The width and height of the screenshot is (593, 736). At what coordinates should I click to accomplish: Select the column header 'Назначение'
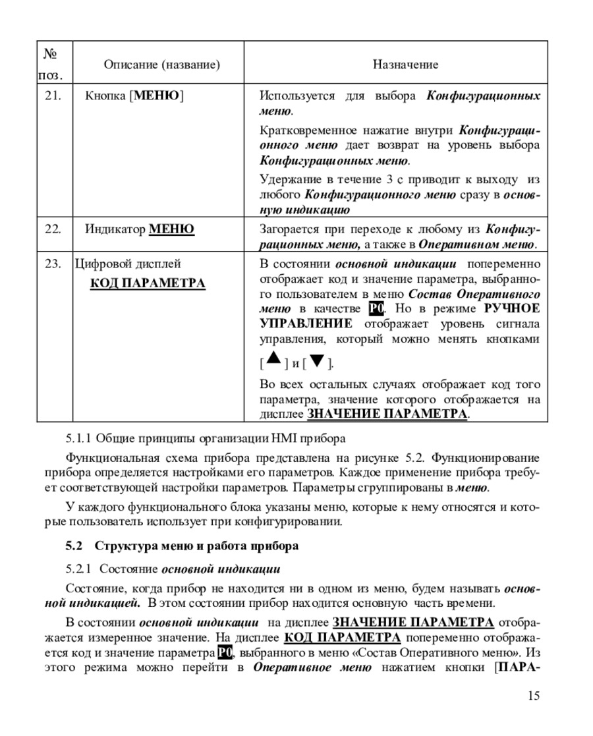click(405, 65)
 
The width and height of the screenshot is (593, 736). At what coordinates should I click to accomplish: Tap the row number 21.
click(53, 96)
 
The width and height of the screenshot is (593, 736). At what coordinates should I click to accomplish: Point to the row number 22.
click(53, 229)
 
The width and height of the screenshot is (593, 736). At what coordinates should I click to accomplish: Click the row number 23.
click(53, 264)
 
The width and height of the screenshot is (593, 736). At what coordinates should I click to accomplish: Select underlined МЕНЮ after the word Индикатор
click(172, 229)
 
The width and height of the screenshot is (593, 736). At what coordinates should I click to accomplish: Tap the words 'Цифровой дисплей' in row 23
click(128, 264)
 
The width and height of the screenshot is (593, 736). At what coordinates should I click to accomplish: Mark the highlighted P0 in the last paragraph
click(225, 653)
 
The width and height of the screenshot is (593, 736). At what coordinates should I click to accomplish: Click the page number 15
click(534, 696)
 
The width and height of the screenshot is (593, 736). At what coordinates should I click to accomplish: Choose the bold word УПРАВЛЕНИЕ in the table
click(306, 324)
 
